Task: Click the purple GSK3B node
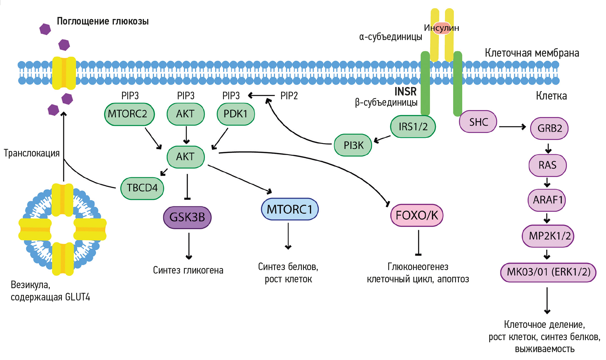click(187, 218)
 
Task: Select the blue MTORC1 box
click(290, 209)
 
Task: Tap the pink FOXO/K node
click(417, 215)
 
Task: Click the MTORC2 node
click(129, 114)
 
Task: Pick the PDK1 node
click(236, 114)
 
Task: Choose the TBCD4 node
click(142, 188)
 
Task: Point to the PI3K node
click(353, 145)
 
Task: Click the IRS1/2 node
click(413, 127)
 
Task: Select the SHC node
click(478, 122)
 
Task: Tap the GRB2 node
click(549, 128)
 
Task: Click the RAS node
click(548, 165)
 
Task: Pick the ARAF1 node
click(547, 200)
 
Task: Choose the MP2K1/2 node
click(548, 236)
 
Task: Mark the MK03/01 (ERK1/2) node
click(548, 272)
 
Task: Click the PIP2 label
click(289, 96)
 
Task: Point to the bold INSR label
click(405, 92)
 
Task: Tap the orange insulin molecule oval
click(442, 28)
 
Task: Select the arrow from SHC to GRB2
click(512, 127)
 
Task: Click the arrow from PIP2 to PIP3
click(261, 95)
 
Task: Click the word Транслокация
click(32, 153)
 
